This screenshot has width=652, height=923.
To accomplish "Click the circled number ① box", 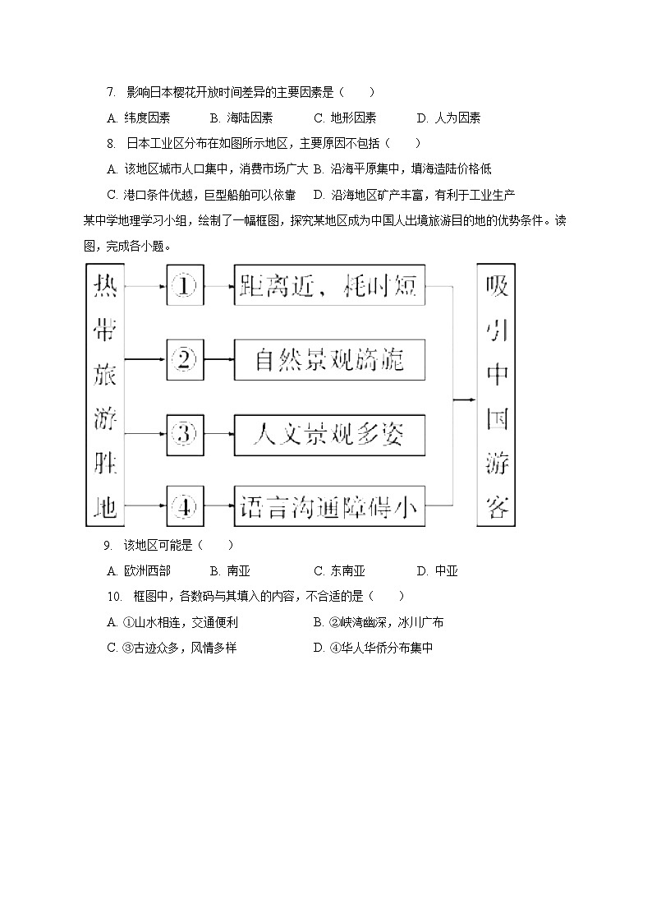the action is [x=185, y=287].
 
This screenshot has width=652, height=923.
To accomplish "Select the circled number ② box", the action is [x=185, y=359].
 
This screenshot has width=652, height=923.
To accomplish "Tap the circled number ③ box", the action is [x=185, y=433].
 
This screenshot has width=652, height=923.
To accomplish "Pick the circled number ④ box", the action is [x=185, y=507].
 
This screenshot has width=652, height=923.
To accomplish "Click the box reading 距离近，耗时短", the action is [x=329, y=286].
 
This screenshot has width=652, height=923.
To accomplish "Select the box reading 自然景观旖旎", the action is [x=329, y=359].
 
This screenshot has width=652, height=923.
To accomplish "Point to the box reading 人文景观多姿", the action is [x=329, y=434].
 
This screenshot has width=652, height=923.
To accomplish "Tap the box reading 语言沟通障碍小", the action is [x=329, y=507].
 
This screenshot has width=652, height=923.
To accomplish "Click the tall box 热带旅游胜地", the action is [x=104, y=395].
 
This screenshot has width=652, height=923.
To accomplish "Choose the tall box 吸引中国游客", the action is [x=497, y=395].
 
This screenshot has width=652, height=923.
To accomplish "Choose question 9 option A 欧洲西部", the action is [x=139, y=571].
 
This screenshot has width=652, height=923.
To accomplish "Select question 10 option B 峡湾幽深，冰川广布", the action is [x=379, y=622].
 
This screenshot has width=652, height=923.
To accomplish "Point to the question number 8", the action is [x=111, y=144].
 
